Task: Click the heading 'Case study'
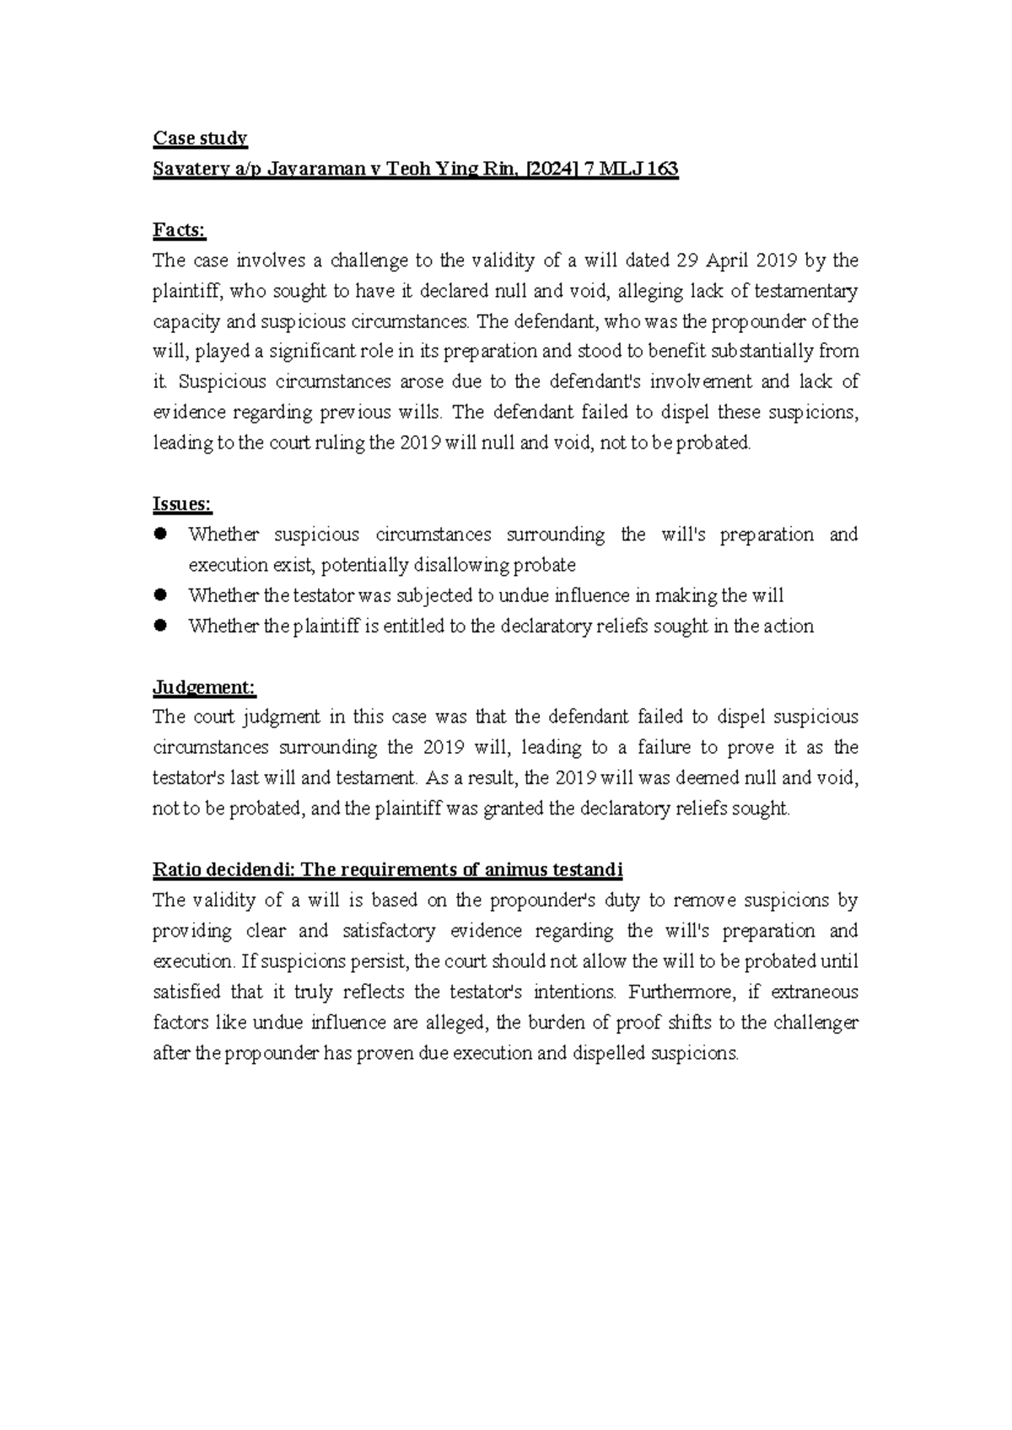tap(200, 138)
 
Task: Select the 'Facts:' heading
tap(179, 230)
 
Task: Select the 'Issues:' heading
tap(182, 504)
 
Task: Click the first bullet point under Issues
tap(162, 534)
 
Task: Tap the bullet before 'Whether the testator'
tap(162, 594)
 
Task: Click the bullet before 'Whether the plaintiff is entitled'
tap(162, 625)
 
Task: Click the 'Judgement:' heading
tap(203, 687)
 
